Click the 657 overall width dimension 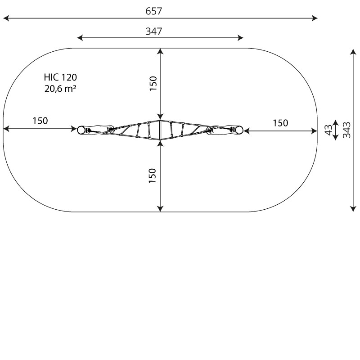tap(154, 11)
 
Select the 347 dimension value tap(154, 31)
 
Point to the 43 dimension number tap(329, 130)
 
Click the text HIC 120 tap(60, 77)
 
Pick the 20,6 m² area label tap(60, 88)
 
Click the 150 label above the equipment tap(153, 83)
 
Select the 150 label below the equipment tap(153, 175)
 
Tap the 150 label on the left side tap(40, 121)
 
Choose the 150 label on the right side tap(280, 123)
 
